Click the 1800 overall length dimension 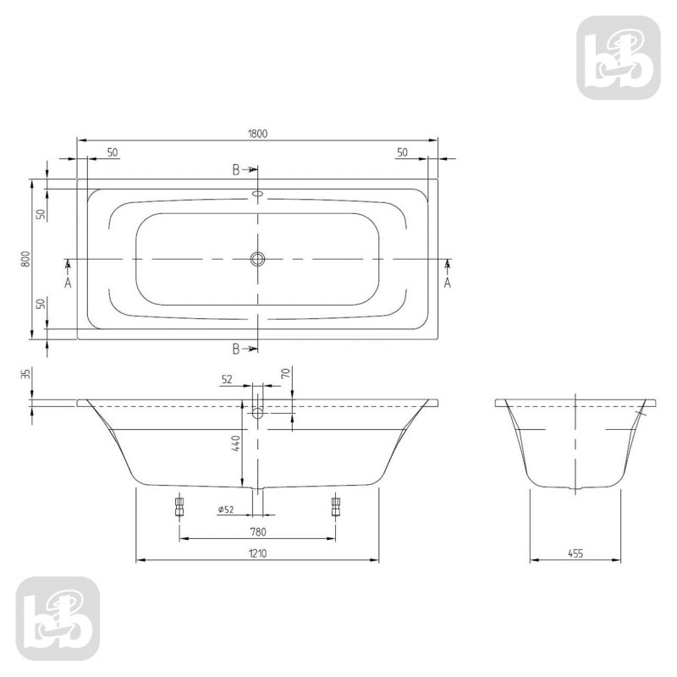[x=258, y=133]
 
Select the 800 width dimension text [x=26, y=259]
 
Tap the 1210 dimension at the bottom [x=258, y=553]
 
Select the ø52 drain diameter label [x=225, y=509]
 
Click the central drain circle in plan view [x=258, y=258]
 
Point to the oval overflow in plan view [x=258, y=193]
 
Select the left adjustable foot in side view [x=179, y=506]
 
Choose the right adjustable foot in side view [x=336, y=506]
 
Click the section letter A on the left [x=69, y=283]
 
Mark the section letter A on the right [x=448, y=283]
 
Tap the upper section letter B [x=238, y=170]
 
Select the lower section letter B [x=238, y=348]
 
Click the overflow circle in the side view [x=258, y=413]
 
